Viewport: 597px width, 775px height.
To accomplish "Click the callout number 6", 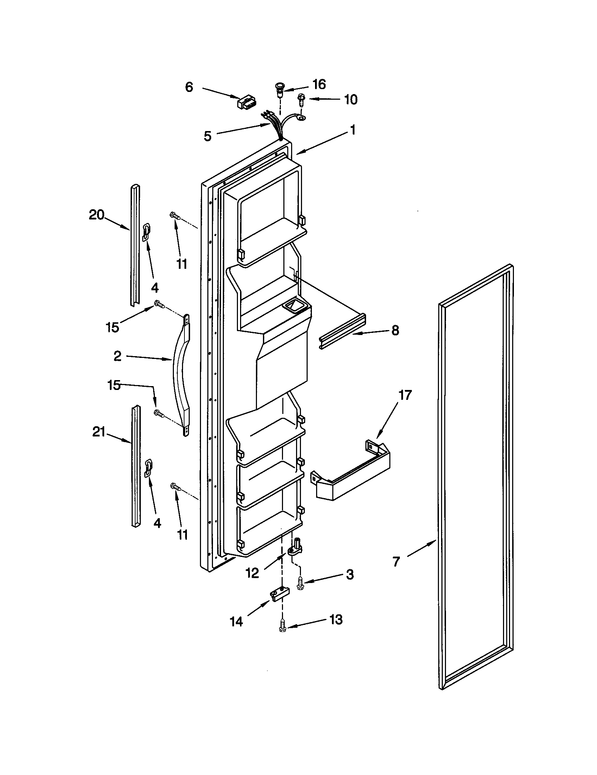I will (x=189, y=87).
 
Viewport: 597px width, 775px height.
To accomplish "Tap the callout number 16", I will (x=319, y=85).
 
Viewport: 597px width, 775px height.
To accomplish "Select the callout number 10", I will (x=350, y=100).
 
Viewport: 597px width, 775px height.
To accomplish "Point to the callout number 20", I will (x=96, y=215).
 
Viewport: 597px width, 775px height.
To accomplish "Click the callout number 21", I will (x=99, y=432).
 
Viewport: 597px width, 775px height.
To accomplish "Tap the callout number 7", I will (x=396, y=561).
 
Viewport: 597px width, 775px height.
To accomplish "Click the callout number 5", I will (x=208, y=136).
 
